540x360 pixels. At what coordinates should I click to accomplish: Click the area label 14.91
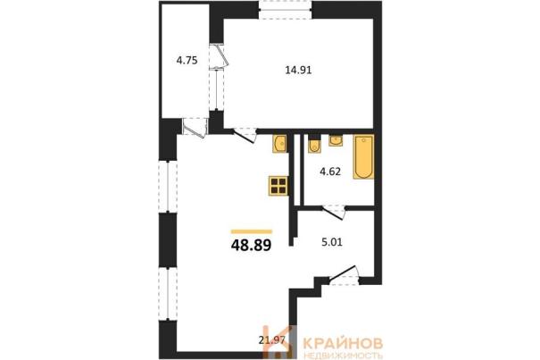click(298, 71)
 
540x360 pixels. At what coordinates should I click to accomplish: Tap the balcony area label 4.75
click(187, 61)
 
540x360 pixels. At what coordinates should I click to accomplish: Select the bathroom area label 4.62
click(330, 172)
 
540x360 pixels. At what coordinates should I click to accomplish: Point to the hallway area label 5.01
click(332, 242)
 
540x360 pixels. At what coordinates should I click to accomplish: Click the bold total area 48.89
click(252, 246)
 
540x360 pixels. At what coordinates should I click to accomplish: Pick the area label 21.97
click(272, 340)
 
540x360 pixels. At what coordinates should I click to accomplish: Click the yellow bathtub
click(363, 157)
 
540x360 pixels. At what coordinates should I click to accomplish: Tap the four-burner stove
click(278, 186)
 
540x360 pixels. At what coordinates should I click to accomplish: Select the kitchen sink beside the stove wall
click(279, 144)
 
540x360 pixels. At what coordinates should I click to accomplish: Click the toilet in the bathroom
click(314, 146)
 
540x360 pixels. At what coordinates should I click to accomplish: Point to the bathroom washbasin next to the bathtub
click(336, 140)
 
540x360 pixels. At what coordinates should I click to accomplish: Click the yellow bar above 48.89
click(252, 231)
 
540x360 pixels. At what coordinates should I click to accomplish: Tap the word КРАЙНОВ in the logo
click(343, 343)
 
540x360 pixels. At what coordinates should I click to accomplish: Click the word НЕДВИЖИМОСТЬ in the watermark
click(343, 356)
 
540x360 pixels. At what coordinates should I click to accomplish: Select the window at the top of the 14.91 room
click(285, 10)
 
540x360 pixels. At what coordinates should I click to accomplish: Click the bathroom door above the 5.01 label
click(333, 211)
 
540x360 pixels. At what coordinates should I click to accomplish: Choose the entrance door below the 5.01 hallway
click(344, 276)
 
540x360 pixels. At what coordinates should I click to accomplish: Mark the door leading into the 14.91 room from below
click(245, 135)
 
